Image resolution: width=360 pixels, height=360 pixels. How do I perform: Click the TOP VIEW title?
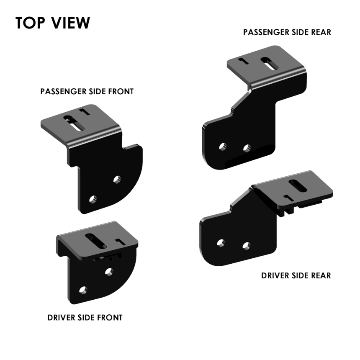(53, 23)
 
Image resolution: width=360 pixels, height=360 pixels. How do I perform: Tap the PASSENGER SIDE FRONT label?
(87, 91)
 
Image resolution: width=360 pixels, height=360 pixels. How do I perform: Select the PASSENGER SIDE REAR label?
(287, 32)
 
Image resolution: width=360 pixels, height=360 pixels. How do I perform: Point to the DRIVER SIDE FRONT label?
(85, 318)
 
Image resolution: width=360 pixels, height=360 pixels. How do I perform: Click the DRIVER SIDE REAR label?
(296, 275)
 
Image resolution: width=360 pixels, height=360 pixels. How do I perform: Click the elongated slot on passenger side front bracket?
(74, 123)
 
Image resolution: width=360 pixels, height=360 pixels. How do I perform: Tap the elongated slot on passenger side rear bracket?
(269, 64)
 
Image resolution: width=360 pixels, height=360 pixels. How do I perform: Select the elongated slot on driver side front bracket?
(96, 241)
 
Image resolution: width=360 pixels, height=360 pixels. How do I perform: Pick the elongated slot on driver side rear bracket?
(298, 186)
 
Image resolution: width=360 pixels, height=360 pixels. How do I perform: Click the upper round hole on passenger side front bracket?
(117, 179)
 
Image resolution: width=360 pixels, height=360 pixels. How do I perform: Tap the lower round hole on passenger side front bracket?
(93, 199)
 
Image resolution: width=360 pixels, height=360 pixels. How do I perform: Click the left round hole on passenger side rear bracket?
(223, 147)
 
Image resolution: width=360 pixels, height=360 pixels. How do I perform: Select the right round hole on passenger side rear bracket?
(247, 148)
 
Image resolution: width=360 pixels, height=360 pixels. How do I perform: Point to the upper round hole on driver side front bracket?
(109, 272)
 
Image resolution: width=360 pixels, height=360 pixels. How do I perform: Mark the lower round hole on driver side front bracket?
(83, 290)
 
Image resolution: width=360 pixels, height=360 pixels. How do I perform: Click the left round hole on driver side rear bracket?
(221, 243)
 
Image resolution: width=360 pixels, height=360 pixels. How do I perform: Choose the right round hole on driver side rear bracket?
(247, 246)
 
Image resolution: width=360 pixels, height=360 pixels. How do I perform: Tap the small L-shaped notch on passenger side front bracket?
(85, 111)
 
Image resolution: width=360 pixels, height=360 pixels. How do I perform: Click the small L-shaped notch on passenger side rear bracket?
(243, 61)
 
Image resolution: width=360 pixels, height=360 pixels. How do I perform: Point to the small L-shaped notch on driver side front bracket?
(120, 242)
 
